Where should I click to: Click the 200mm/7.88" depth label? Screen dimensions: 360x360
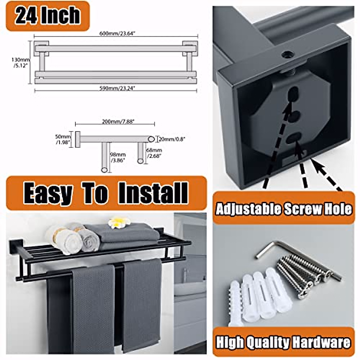pyautogui.click(x=118, y=121)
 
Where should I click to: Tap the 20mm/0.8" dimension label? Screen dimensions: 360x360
pyautogui.click(x=172, y=139)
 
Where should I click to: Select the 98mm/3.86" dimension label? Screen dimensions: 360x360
pyautogui.click(x=117, y=157)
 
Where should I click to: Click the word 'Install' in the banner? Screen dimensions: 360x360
pyautogui.click(x=153, y=193)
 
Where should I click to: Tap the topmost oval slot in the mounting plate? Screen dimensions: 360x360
pyautogui.click(x=293, y=95)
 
